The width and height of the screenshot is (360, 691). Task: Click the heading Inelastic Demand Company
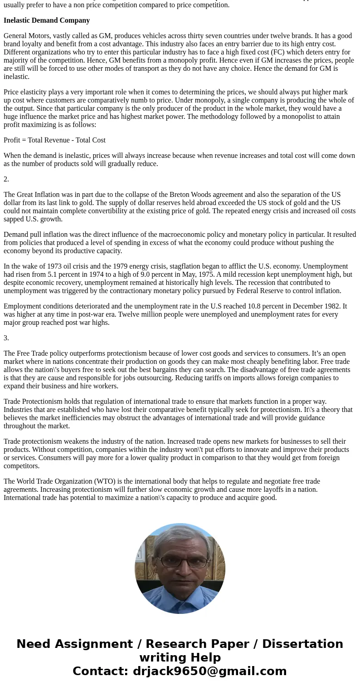coord(47,20)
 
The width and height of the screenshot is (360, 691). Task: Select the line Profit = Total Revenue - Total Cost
coord(54,140)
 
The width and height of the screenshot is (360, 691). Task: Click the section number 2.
coord(6,179)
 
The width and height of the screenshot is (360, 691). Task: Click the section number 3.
coord(6,338)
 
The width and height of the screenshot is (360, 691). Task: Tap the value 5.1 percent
coord(65,274)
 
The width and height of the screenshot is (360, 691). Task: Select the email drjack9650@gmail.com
coord(209,671)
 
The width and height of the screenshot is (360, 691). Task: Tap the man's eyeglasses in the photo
coord(184,562)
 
